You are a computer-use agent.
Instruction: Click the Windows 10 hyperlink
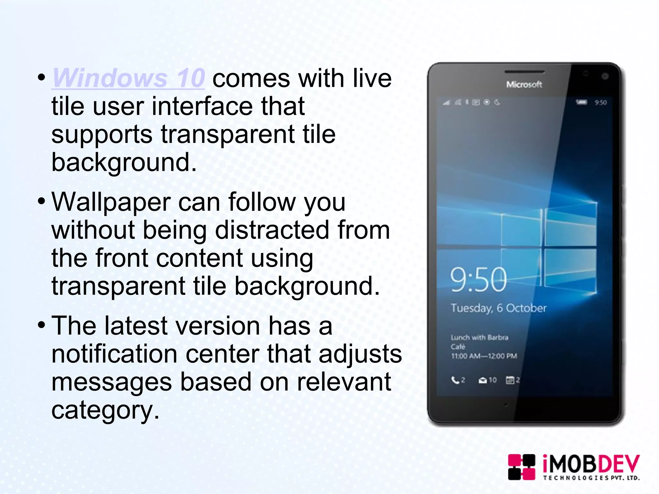coord(128,78)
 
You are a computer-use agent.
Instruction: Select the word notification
coord(114,354)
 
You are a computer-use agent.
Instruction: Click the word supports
coord(102,134)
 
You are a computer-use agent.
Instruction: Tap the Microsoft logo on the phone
coord(524,84)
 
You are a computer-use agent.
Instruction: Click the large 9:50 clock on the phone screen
coord(478,279)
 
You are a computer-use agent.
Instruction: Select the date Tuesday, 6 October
coord(498,308)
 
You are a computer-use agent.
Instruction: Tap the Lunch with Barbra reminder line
coord(479,337)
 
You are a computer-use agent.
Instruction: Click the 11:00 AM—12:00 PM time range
coord(484,356)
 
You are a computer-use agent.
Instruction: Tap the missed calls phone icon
coord(455,380)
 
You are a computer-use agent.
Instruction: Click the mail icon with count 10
coord(482,380)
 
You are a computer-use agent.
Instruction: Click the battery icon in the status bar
coord(581,102)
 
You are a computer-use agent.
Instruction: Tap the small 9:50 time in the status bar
coord(600,103)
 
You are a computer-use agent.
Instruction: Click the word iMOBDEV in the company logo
coord(591,464)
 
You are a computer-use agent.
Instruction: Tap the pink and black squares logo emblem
coord(521,467)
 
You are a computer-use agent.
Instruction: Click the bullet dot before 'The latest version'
coord(41,325)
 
